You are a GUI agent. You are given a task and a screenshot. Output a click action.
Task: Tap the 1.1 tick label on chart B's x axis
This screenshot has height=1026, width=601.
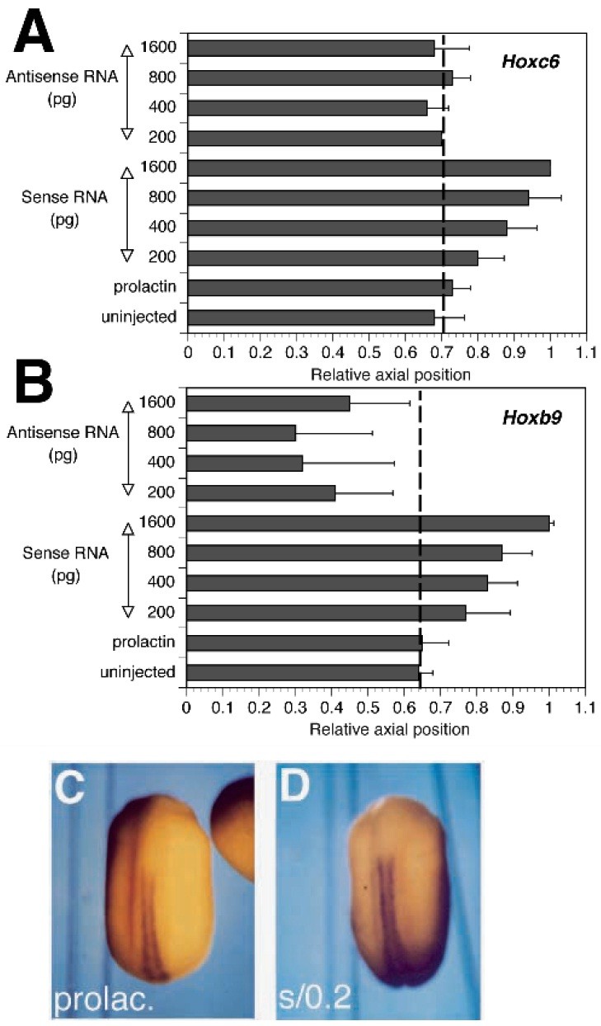[x=585, y=708]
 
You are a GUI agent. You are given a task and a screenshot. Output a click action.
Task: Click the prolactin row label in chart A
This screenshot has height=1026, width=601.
[x=146, y=287]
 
